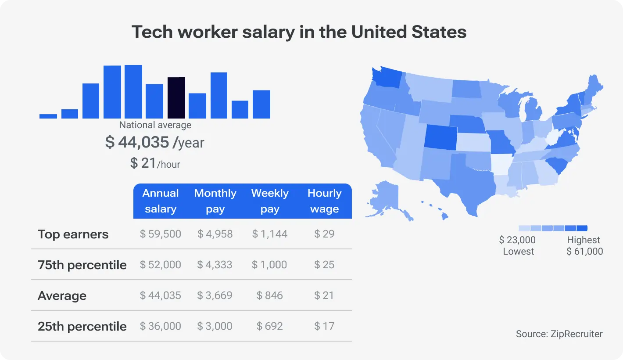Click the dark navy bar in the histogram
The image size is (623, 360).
coord(176,98)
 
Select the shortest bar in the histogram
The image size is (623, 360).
coord(48,116)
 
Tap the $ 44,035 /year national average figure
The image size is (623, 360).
coord(154,142)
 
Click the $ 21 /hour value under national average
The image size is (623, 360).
coord(155,163)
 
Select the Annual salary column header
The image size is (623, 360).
coord(161,201)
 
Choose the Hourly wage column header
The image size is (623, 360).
coord(324,201)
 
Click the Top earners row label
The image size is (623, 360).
coord(73,234)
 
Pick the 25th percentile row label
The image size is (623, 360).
coord(82,326)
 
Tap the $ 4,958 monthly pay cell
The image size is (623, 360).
coord(215,234)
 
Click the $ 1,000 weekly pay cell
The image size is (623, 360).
coord(269,265)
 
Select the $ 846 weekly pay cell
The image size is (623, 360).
coord(269,295)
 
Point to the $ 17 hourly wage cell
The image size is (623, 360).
coord(324,326)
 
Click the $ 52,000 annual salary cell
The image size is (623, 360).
coord(161,265)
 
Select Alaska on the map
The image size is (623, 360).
coord(385,198)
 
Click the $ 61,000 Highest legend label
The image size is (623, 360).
coord(584,246)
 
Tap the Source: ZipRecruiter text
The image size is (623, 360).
coord(559,334)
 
